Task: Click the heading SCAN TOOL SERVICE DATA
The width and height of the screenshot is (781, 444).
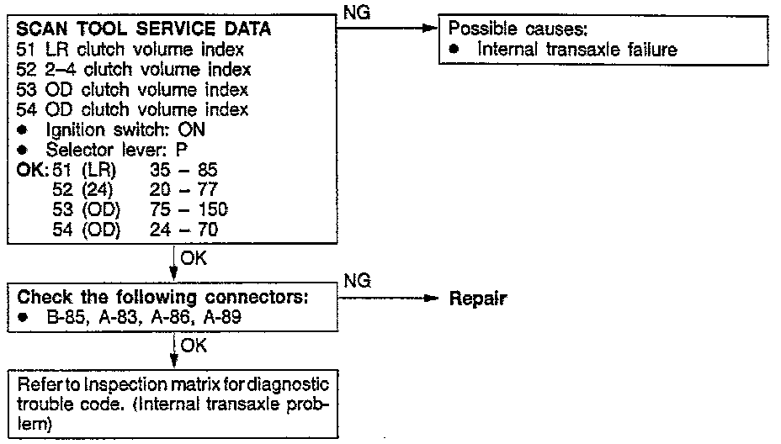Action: click(x=143, y=29)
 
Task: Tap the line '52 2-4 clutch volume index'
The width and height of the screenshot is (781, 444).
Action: click(x=134, y=70)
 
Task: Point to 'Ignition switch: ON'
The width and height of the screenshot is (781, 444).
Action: click(x=118, y=130)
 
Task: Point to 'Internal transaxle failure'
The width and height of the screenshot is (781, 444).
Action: click(x=576, y=50)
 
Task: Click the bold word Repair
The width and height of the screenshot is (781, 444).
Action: click(x=477, y=299)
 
